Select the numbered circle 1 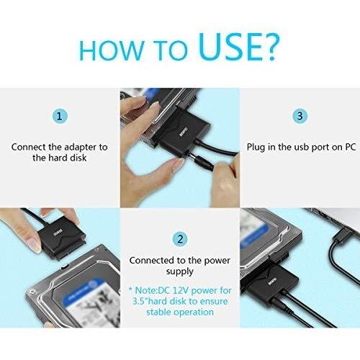point(60,116)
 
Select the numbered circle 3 point(300,116)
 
